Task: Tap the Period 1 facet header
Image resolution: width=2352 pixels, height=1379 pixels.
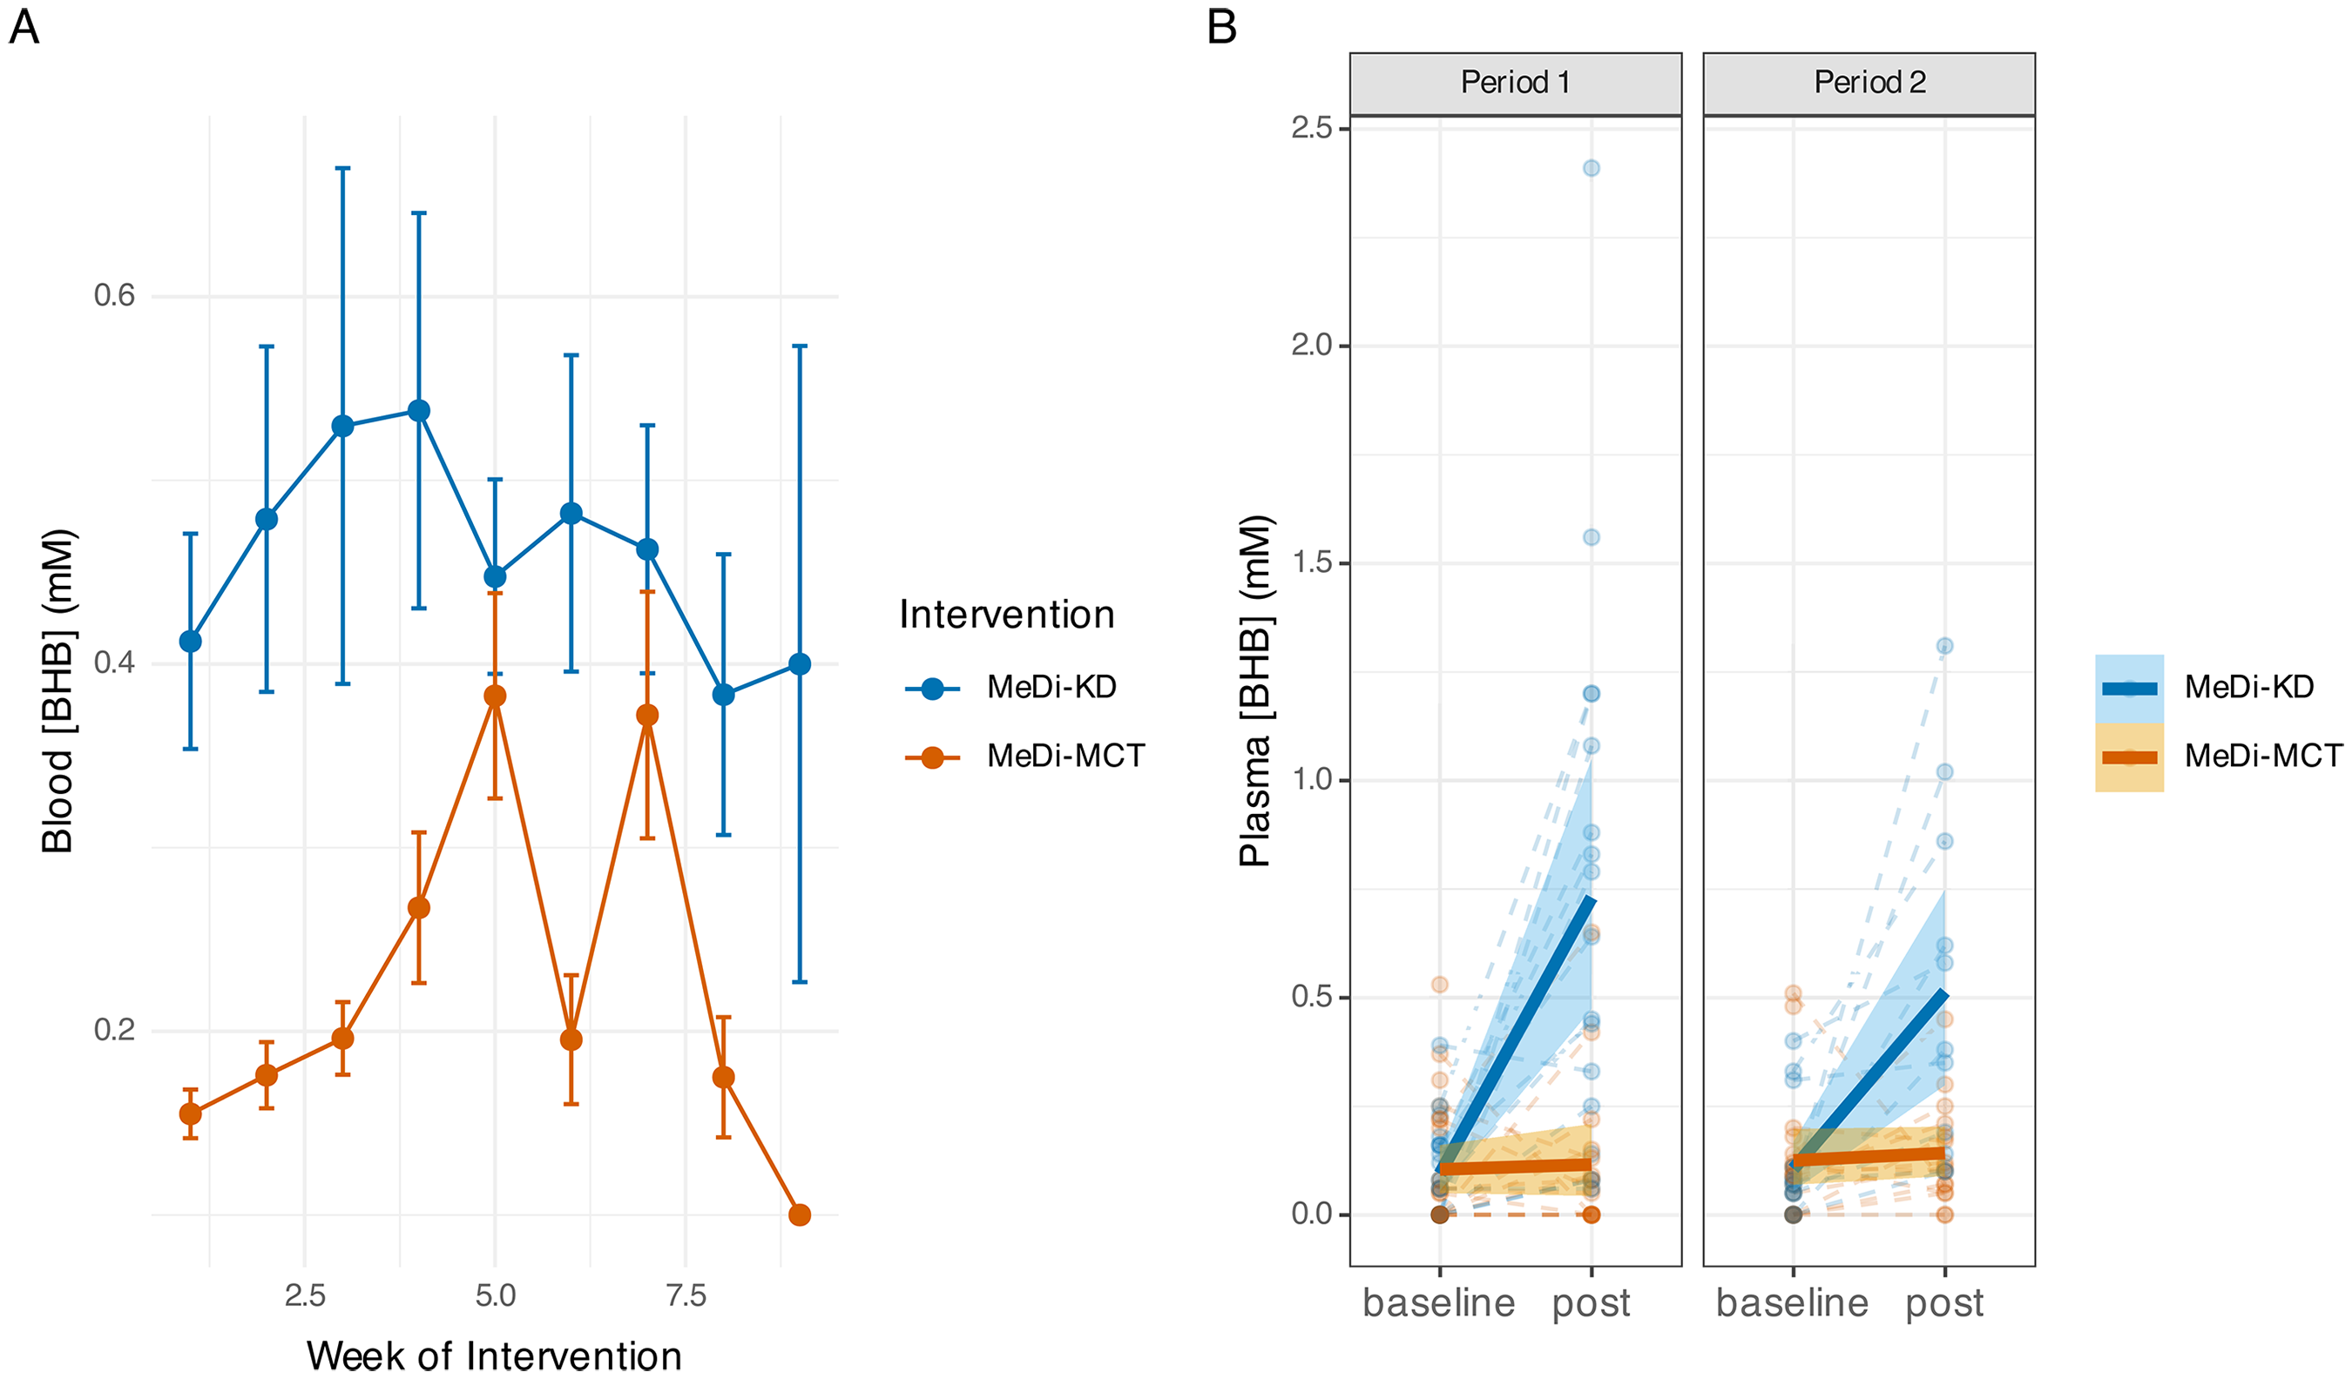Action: (x=1515, y=83)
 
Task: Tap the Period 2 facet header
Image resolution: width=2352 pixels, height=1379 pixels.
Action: (x=1869, y=83)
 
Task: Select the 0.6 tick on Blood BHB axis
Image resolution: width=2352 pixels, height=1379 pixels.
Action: (x=115, y=296)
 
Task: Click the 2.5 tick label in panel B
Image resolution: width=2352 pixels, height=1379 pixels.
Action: (x=1312, y=128)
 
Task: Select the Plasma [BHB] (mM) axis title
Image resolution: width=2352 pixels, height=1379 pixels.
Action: (x=1256, y=691)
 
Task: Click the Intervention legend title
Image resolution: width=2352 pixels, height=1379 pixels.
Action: (x=1007, y=615)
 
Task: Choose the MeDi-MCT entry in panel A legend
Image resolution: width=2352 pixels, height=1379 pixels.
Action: (x=1024, y=756)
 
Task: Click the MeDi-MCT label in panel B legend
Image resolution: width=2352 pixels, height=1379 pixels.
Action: (x=2263, y=756)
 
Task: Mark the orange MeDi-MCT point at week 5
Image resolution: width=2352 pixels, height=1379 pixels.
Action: (x=495, y=696)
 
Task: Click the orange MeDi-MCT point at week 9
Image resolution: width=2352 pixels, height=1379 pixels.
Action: (x=799, y=1214)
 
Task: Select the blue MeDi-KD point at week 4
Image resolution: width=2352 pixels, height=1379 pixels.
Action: (x=419, y=411)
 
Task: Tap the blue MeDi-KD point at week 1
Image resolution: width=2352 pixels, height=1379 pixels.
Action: (x=191, y=642)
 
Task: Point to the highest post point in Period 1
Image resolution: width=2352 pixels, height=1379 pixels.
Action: (x=1592, y=168)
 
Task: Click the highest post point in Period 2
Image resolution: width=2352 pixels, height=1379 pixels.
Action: (x=1945, y=646)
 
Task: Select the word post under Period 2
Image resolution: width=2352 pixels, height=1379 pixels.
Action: (x=1945, y=1303)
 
